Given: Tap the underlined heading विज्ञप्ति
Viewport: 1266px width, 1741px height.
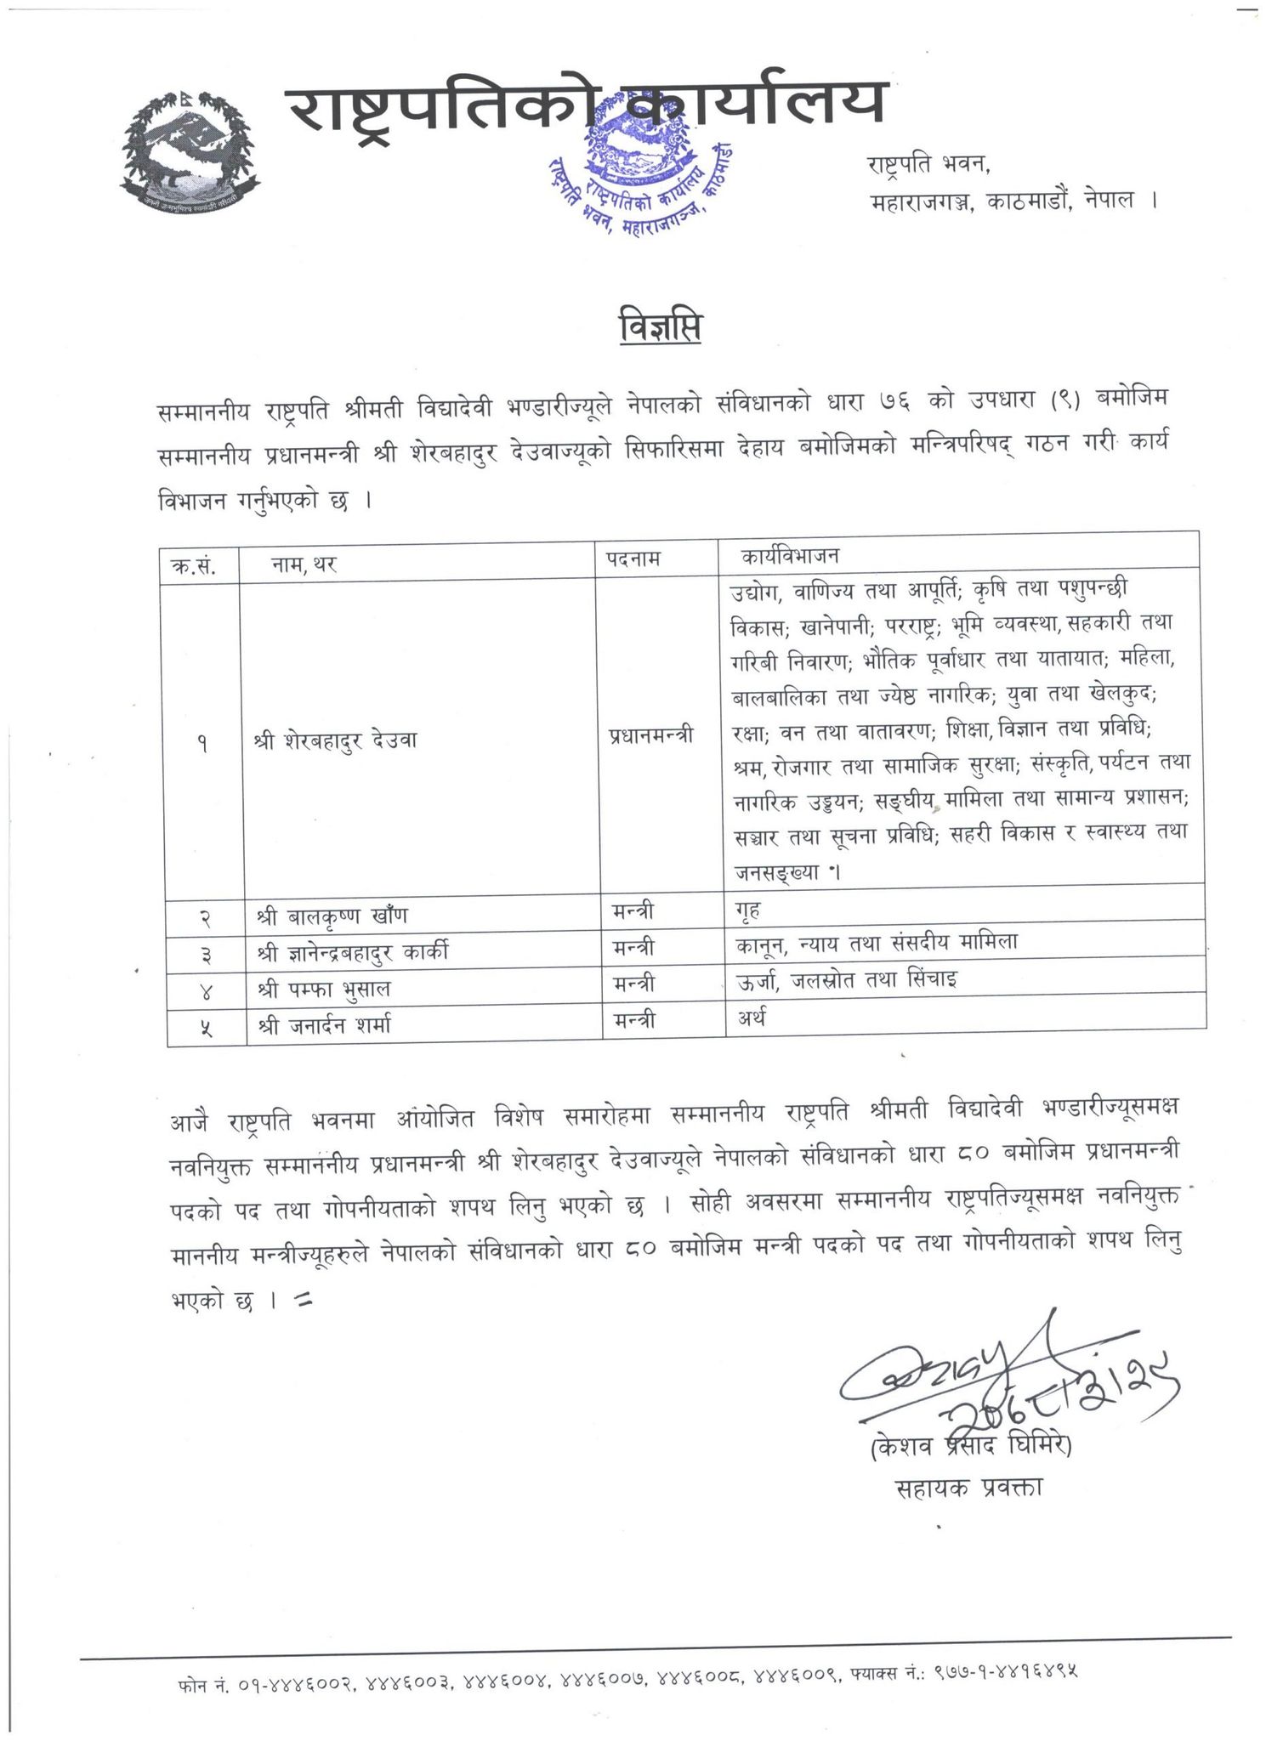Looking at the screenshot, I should pos(659,328).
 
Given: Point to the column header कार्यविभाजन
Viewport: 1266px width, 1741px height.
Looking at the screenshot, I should pos(791,557).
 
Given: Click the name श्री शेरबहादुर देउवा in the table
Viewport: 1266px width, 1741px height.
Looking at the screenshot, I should pos(337,739).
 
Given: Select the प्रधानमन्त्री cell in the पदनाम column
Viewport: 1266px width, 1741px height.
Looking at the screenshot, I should pos(650,736).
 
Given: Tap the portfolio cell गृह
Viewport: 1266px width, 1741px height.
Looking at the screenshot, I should pos(747,910).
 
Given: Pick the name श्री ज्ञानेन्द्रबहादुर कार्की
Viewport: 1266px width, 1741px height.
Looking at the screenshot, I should pos(352,952).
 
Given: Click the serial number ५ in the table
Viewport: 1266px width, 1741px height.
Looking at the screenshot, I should pos(204,1027).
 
